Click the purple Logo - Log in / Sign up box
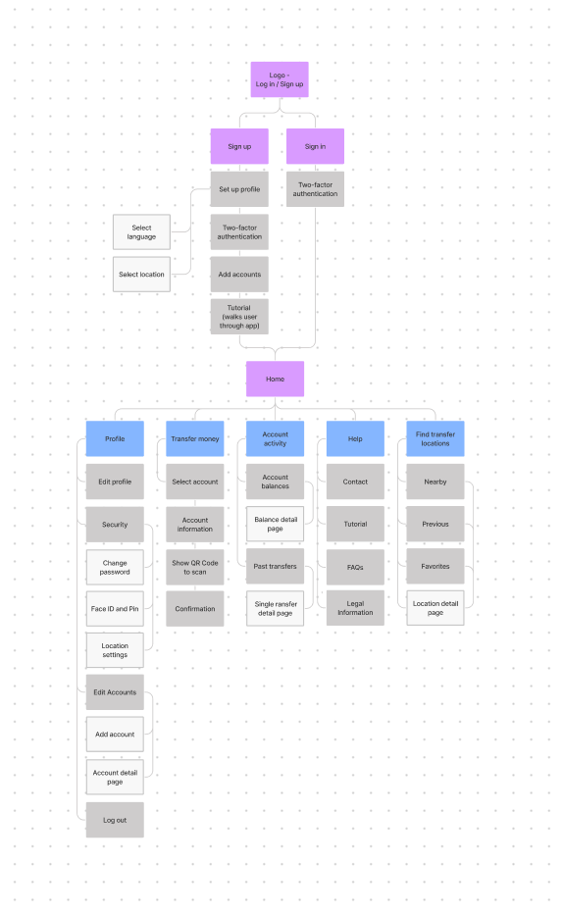[x=280, y=79]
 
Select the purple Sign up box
[x=239, y=146]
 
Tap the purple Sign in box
[x=315, y=146]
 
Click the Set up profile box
[x=239, y=189]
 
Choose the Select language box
[x=141, y=232]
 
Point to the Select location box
[x=141, y=274]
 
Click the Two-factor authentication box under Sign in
[x=315, y=189]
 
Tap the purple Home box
[x=275, y=379]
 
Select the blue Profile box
[x=115, y=438]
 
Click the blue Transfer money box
[x=195, y=438]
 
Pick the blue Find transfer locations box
[x=435, y=438]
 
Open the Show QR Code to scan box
[x=195, y=567]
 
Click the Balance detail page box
[x=275, y=524]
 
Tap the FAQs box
[x=355, y=567]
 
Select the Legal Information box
[x=355, y=608]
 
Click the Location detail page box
[x=435, y=608]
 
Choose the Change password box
[x=115, y=567]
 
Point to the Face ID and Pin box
[x=115, y=609]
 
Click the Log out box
[x=115, y=820]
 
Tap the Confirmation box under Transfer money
[x=195, y=609]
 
